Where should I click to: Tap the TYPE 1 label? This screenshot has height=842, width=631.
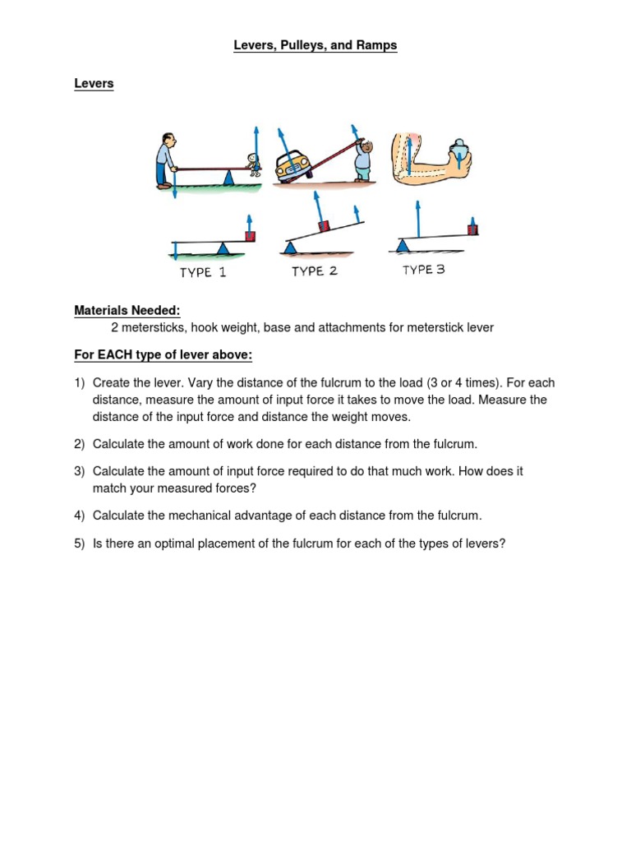pyautogui.click(x=203, y=272)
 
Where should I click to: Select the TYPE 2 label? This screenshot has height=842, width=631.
pyautogui.click(x=315, y=271)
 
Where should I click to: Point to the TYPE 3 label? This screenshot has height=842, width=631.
pyautogui.click(x=423, y=270)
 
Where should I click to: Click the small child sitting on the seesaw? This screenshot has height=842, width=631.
pyautogui.click(x=254, y=164)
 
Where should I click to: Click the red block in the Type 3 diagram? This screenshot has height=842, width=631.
pyautogui.click(x=473, y=229)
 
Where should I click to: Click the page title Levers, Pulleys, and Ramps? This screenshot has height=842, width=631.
pyautogui.click(x=315, y=46)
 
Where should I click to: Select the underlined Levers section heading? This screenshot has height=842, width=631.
pyautogui.click(x=94, y=84)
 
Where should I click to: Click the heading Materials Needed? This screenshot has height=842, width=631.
pyautogui.click(x=127, y=310)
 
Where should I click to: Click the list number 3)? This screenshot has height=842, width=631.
pyautogui.click(x=79, y=472)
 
